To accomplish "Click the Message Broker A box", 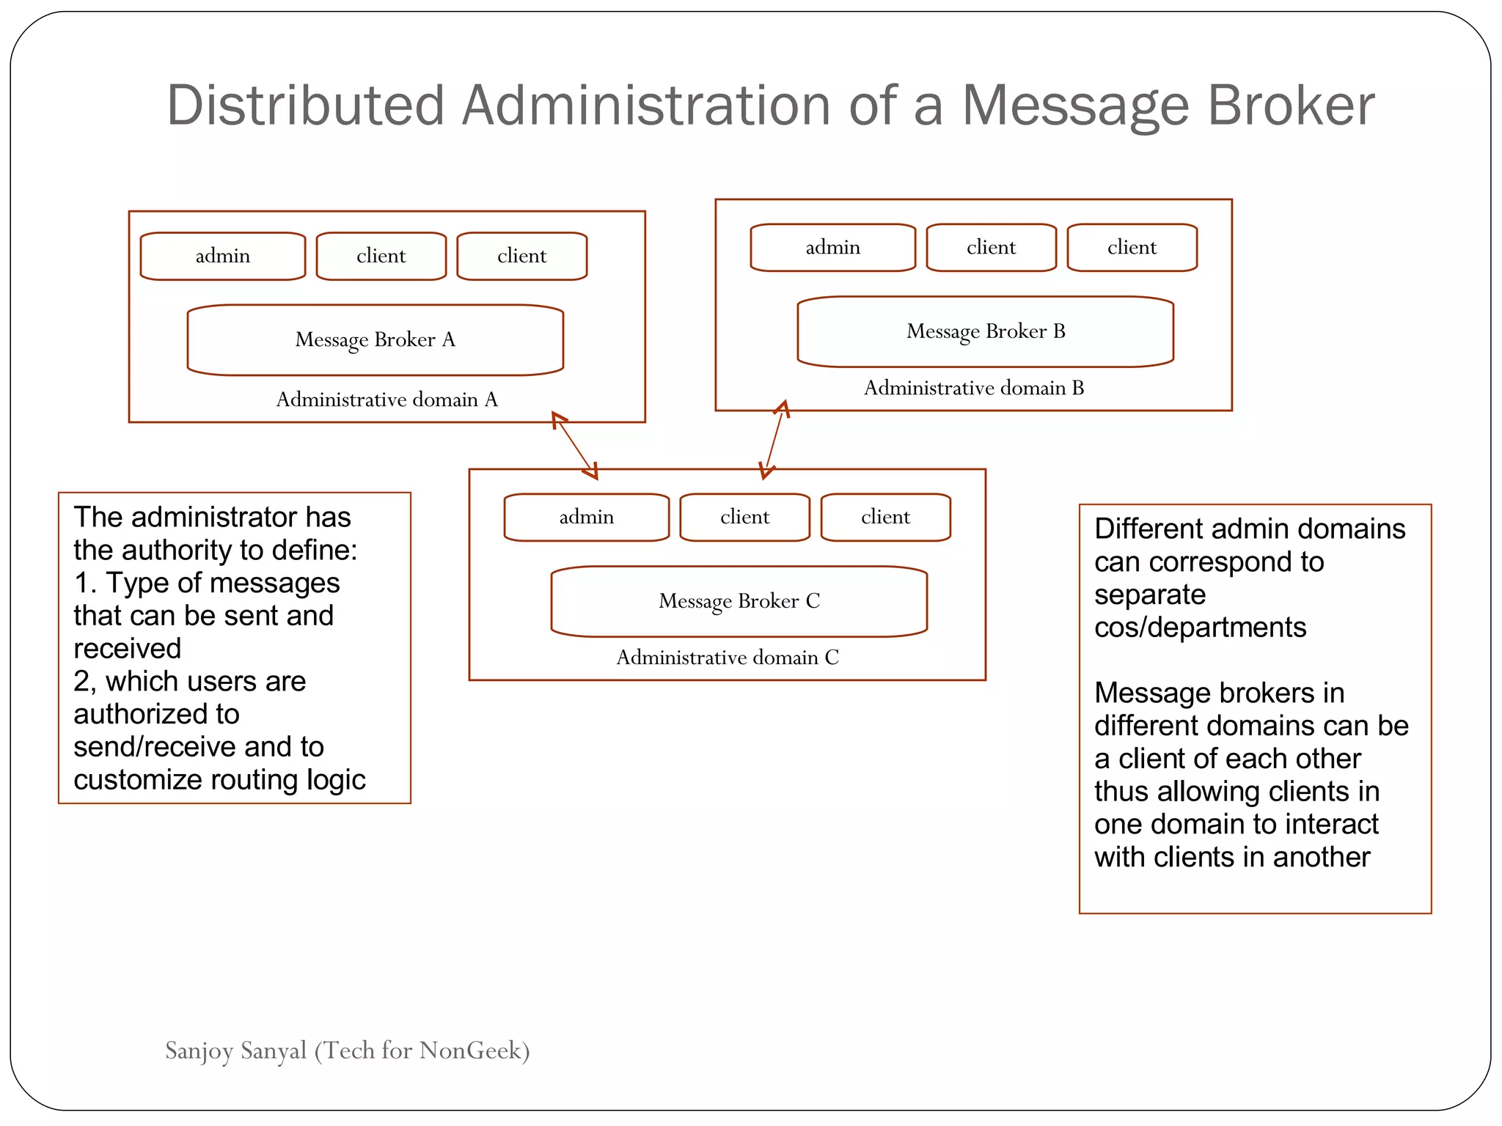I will pyautogui.click(x=375, y=339).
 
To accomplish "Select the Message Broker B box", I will pyautogui.click(x=985, y=331).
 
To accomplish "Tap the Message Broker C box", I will pyautogui.click(x=739, y=601).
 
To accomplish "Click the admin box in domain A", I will pyautogui.click(x=222, y=256).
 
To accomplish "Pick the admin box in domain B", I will pyautogui.click(x=832, y=248).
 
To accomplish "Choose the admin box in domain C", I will pyautogui.click(x=586, y=518).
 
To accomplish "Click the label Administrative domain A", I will pyautogui.click(x=387, y=400).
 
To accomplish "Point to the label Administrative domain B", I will pyautogui.click(x=973, y=388).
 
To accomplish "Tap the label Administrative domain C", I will pyautogui.click(x=727, y=658).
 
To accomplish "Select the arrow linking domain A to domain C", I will pyautogui.click(x=574, y=445).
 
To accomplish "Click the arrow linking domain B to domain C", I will pyautogui.click(x=774, y=440).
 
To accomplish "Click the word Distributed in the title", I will pyautogui.click(x=305, y=106).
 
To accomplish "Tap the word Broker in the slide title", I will pyautogui.click(x=1290, y=106).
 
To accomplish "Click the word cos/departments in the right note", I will pyautogui.click(x=1200, y=628).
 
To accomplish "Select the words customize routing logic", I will pyautogui.click(x=219, y=780).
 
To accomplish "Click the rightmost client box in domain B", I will pyautogui.click(x=1132, y=248).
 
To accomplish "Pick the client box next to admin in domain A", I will pyautogui.click(x=381, y=256).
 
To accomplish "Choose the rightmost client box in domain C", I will pyautogui.click(x=885, y=518).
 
